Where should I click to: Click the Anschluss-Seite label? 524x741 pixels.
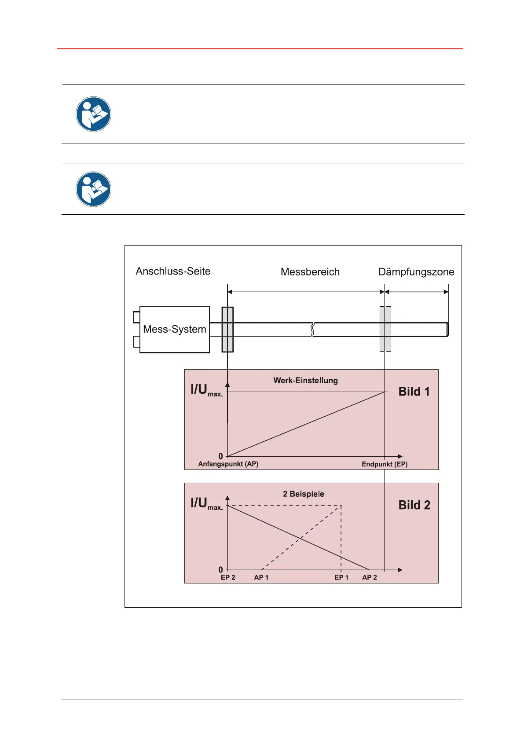coord(173,271)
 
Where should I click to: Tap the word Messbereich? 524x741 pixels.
coord(310,272)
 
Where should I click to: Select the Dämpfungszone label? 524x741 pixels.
coord(416,272)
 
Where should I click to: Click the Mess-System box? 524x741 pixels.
coord(175,329)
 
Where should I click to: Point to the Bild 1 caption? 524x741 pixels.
coord(414,392)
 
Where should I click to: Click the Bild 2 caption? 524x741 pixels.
coord(414,505)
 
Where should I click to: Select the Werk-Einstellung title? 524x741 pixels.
coord(306,381)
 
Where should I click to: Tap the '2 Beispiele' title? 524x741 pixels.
coord(304,494)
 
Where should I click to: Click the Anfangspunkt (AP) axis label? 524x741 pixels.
coord(228,464)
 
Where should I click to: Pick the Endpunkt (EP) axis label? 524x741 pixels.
coord(385,464)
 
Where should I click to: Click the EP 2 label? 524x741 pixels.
coord(228,577)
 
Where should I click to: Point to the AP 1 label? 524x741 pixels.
coord(261,577)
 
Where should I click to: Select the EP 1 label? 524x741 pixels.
coord(341,577)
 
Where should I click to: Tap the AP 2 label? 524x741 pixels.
coord(370,577)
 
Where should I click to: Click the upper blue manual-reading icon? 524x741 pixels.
coord(93,114)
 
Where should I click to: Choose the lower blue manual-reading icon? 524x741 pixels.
coord(93,189)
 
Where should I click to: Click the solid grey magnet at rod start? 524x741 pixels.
coord(227,329)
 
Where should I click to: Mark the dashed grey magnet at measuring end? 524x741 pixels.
coord(385,329)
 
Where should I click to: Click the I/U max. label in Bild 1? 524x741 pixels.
coord(206,390)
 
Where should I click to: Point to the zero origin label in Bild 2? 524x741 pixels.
coord(221,570)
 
